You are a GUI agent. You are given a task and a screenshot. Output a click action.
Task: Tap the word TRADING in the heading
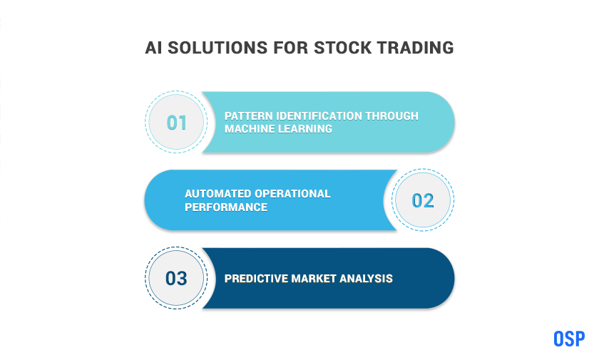click(415, 48)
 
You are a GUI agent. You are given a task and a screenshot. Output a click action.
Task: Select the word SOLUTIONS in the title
click(217, 48)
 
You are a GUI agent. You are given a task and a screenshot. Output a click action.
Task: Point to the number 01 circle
click(176, 122)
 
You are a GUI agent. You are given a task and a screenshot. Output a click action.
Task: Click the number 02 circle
click(422, 200)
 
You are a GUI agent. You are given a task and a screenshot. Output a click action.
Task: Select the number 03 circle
click(176, 278)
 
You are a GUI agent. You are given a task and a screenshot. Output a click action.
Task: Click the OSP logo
click(569, 339)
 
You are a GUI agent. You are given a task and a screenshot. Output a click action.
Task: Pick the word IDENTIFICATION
click(319, 116)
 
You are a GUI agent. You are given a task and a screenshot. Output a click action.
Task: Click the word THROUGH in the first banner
click(392, 116)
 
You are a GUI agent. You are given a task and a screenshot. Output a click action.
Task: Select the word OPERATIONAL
click(292, 194)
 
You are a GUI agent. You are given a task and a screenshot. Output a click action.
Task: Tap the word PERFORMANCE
click(226, 207)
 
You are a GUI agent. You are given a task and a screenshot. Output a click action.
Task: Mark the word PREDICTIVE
click(256, 279)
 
